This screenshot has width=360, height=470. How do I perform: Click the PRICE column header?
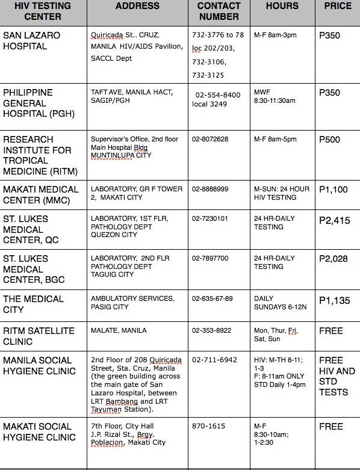(338, 7)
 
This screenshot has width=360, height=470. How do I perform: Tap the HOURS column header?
(282, 7)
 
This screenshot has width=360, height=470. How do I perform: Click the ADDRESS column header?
(137, 7)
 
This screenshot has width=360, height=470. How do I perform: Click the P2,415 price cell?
(334, 221)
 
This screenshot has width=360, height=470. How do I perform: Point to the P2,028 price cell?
(334, 259)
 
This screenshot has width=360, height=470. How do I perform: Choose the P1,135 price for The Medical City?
(333, 299)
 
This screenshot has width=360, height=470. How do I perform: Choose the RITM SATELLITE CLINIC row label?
(39, 336)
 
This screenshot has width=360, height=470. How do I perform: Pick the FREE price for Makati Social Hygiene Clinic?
(331, 427)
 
